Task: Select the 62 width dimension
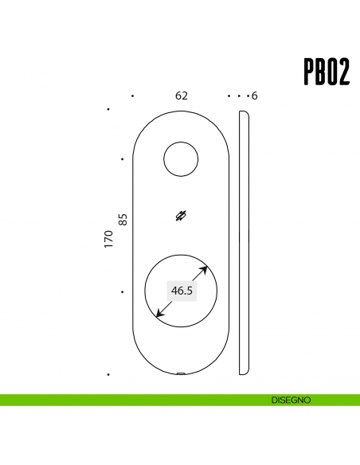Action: tap(182, 96)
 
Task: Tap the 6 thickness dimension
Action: tap(254, 96)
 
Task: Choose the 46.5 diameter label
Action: tap(182, 291)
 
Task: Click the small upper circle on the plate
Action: tap(181, 159)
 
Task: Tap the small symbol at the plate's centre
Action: tap(182, 216)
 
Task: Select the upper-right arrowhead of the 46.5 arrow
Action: tap(205, 269)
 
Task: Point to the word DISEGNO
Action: tap(290, 400)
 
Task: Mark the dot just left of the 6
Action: tap(246, 96)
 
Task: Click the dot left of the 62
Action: tap(132, 96)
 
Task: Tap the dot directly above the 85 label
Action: tap(122, 159)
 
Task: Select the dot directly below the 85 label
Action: tap(122, 292)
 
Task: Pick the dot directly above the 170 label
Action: tap(108, 109)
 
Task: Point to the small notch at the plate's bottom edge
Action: tap(182, 373)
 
